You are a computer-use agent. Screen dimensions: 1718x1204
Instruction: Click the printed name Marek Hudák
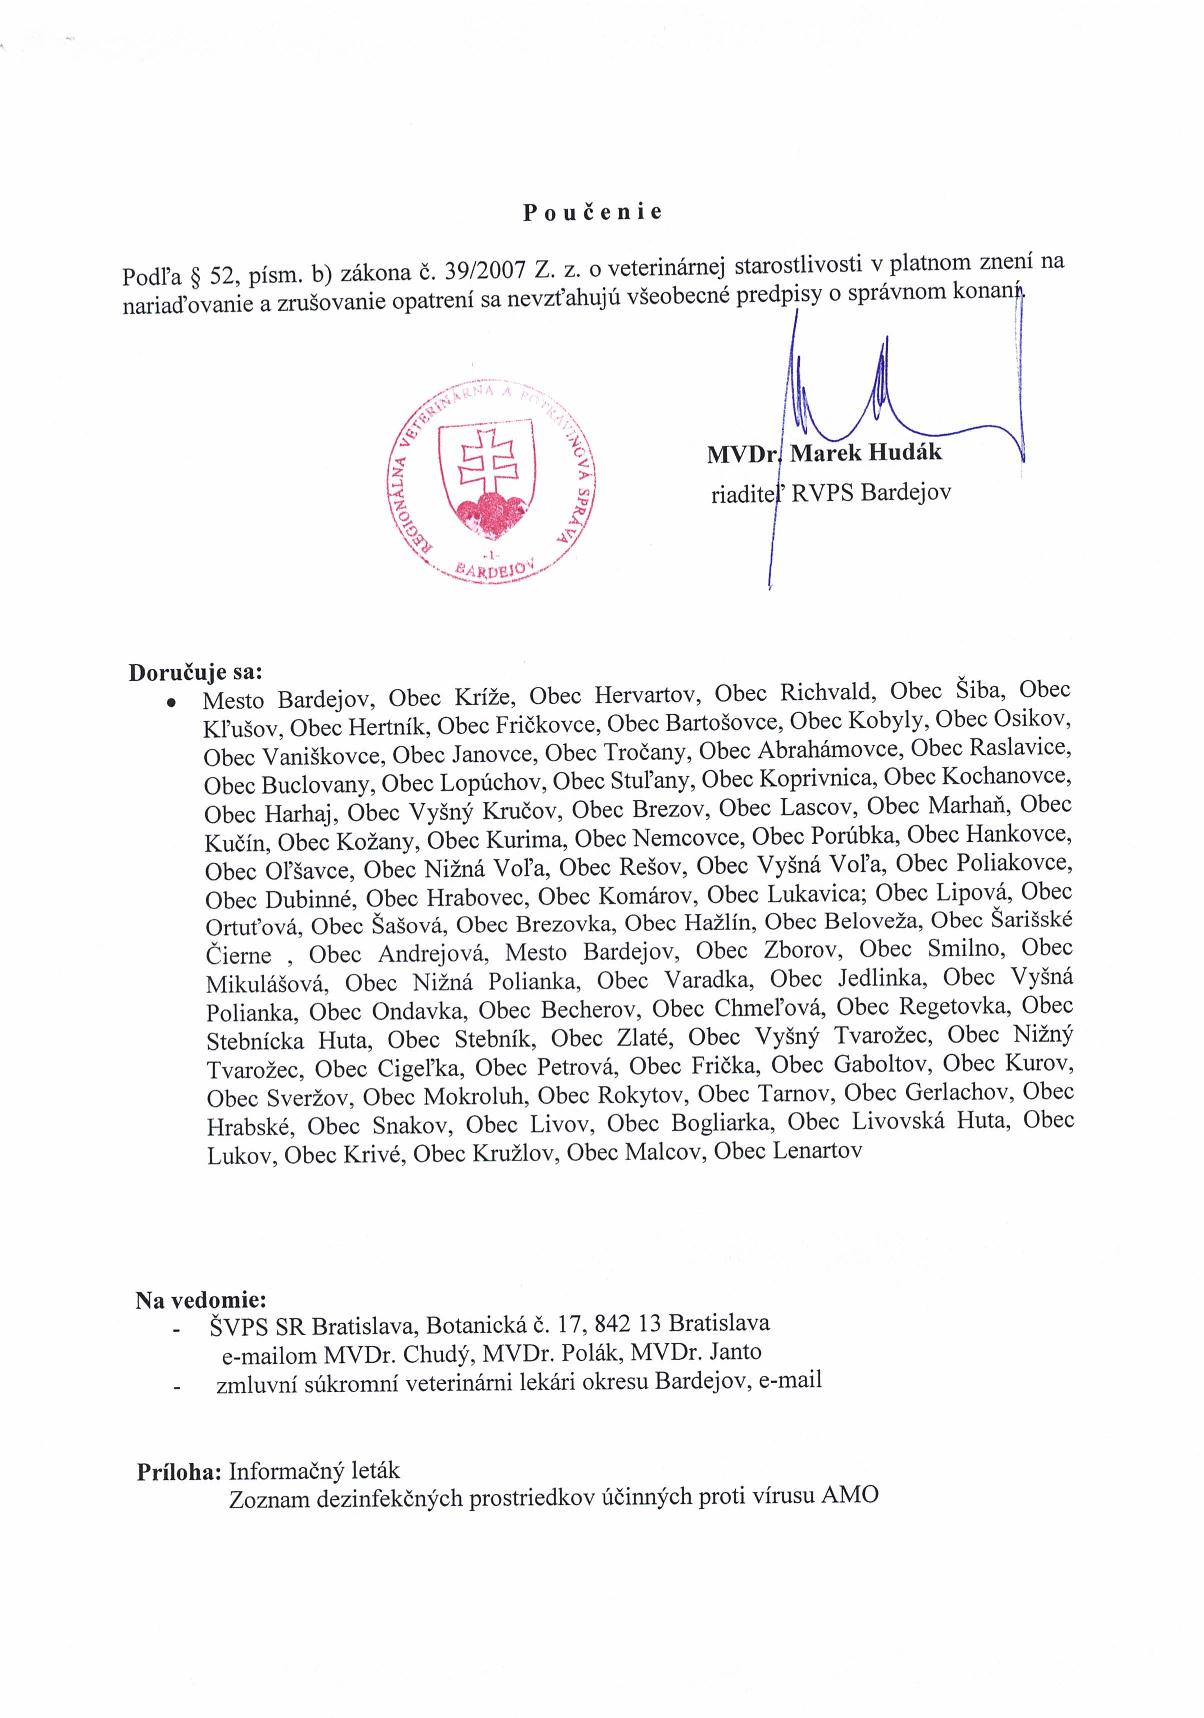pos(866,452)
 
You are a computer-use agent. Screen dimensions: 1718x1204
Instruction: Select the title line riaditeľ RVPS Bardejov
pos(829,492)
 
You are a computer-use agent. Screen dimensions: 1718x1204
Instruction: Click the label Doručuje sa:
pos(194,670)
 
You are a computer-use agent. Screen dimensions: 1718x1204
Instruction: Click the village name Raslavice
pos(1016,748)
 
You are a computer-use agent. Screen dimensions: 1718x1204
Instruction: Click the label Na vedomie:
pos(201,1301)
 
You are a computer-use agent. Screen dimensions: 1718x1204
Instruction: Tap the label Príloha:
pos(179,1472)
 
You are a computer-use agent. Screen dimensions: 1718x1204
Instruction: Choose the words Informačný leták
pos(314,1471)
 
